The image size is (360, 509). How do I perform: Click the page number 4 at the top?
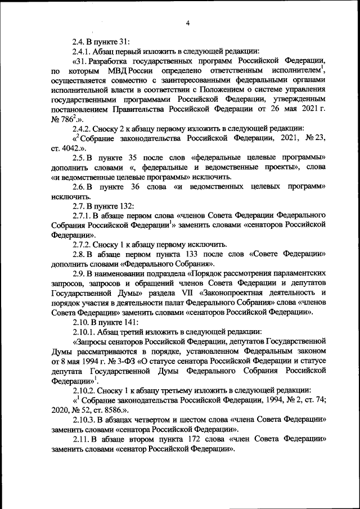click(x=188, y=22)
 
